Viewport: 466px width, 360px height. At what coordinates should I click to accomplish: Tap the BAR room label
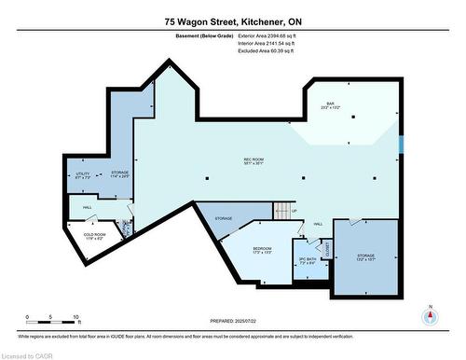click(x=330, y=105)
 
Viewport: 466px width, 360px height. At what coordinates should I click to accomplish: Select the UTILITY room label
click(x=82, y=173)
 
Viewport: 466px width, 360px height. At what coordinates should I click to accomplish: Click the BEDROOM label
click(x=262, y=250)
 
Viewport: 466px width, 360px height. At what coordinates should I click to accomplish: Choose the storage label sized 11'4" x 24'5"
click(x=119, y=173)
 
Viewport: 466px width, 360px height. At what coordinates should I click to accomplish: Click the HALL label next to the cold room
click(x=87, y=207)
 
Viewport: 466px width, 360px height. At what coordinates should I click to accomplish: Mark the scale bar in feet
click(x=52, y=322)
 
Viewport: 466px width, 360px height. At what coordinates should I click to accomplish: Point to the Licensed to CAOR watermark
click(x=27, y=354)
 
